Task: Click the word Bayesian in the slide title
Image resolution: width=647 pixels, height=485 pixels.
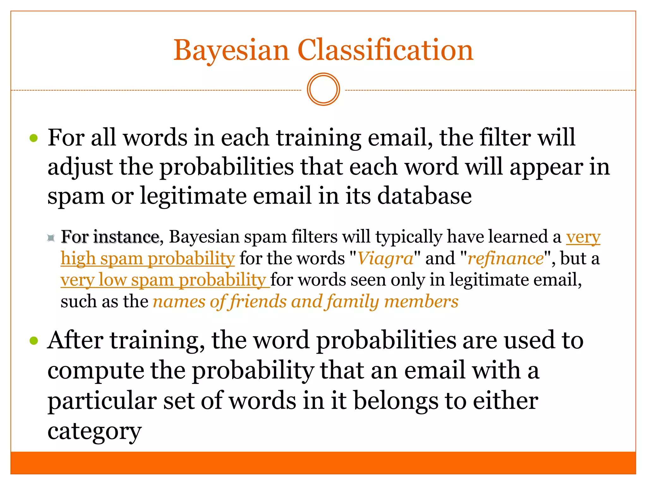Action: pyautogui.click(x=231, y=51)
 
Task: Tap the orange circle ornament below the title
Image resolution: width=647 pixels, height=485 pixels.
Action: pyautogui.click(x=323, y=89)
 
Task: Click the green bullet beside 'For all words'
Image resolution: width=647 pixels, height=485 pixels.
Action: pyautogui.click(x=33, y=138)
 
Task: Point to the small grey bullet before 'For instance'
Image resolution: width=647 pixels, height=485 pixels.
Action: pyautogui.click(x=51, y=237)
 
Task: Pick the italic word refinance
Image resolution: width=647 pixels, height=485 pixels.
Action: pyautogui.click(x=506, y=259)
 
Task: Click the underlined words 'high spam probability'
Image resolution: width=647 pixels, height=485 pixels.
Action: pyautogui.click(x=148, y=259)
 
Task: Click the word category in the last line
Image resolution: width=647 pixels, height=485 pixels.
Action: pyautogui.click(x=94, y=431)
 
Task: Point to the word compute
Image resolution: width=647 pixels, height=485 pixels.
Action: pyautogui.click(x=95, y=370)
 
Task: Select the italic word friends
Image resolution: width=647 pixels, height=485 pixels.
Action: pyautogui.click(x=259, y=302)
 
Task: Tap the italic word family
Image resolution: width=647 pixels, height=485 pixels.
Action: pyautogui.click(x=353, y=302)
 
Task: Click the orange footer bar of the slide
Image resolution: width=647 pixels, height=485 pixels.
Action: pyautogui.click(x=323, y=463)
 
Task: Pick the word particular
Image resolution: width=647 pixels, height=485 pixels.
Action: pyautogui.click(x=102, y=401)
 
